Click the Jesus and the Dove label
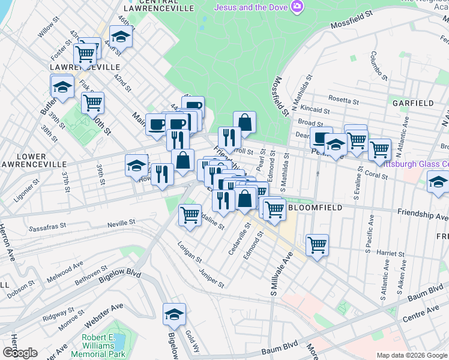(251, 7)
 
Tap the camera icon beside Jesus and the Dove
(297, 7)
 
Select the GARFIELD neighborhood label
(413, 103)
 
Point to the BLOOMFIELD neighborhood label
(315, 208)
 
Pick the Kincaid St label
(315, 110)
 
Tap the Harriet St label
(388, 253)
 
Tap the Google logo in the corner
(20, 353)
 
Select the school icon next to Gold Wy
(174, 314)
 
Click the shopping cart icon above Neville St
(190, 214)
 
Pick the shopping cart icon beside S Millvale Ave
(316, 244)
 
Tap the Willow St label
(47, 31)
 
